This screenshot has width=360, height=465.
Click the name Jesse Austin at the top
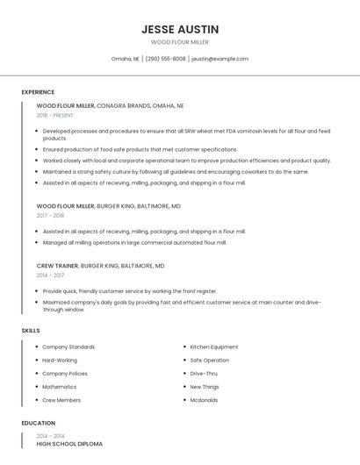pos(180,29)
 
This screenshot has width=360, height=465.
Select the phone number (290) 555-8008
pos(165,59)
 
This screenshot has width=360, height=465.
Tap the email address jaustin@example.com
pos(220,59)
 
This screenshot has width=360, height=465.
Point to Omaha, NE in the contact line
pos(126,59)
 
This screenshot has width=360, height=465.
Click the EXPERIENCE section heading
pos(38,92)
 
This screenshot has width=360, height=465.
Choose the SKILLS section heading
pos(31,330)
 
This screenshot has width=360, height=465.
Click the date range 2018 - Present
pos(54,115)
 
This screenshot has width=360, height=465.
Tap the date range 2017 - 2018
pos(50,215)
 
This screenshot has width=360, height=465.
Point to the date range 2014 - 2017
pos(50,275)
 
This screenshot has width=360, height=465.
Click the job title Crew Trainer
pos(57,265)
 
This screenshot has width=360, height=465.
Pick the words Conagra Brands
pos(123,105)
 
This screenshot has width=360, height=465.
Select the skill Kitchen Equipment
pos(214,347)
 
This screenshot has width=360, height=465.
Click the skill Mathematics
pos(59,387)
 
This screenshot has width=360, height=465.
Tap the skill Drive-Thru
pos(203,374)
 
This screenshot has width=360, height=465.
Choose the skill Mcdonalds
pos(205,400)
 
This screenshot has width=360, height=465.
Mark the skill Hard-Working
pos(60,360)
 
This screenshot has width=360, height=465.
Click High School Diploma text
pos(69,444)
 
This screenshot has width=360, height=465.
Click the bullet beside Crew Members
pos(36,400)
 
